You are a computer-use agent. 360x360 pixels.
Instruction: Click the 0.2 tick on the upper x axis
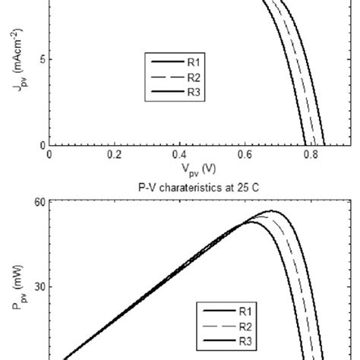pyautogui.click(x=114, y=153)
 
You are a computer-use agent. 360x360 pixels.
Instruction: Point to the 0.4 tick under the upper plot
pyautogui.click(x=179, y=153)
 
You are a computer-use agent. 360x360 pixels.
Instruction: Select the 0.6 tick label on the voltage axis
pyautogui.click(x=245, y=153)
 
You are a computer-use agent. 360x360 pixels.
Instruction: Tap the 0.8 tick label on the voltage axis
pyautogui.click(x=309, y=153)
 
